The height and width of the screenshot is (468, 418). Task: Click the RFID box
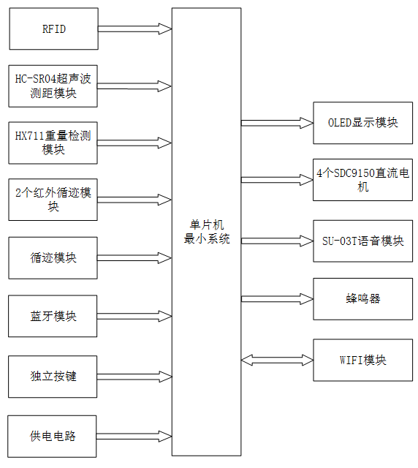point(53,29)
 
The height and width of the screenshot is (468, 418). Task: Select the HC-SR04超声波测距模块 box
point(53,86)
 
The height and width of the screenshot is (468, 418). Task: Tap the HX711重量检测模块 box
point(53,143)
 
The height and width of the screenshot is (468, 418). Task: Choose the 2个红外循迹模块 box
point(53,200)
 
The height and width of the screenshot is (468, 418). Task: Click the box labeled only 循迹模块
point(53,257)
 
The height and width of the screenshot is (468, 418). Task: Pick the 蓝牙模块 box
point(53,316)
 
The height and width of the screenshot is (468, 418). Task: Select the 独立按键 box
point(53,376)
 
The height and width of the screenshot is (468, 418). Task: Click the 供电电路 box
point(53,436)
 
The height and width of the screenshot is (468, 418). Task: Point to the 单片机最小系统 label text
point(206,233)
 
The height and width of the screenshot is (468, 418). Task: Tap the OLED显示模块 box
point(362,123)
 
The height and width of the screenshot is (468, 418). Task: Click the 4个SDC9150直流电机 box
point(362,180)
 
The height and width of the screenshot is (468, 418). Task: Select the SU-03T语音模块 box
point(362,241)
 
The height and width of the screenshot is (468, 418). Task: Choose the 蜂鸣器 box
point(362,298)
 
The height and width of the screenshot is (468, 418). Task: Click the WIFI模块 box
point(362,360)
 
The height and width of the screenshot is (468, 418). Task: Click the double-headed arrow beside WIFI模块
point(277,360)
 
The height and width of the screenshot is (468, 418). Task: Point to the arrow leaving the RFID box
point(134,29)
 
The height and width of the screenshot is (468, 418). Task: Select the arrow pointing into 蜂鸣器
point(277,298)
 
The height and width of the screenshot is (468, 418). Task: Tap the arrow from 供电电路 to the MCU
point(134,436)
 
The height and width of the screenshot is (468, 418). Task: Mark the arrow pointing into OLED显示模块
point(277,123)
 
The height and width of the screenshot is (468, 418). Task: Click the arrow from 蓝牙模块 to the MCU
point(134,316)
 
